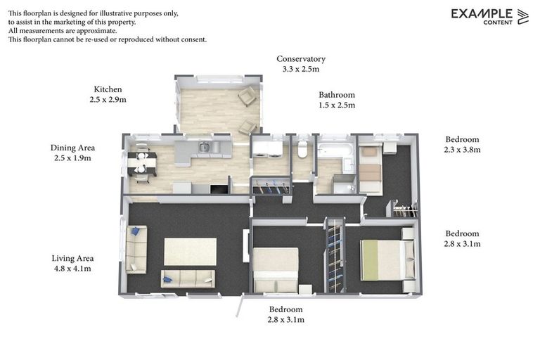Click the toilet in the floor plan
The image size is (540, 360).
(302, 150)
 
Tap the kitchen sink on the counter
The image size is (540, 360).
(203, 147)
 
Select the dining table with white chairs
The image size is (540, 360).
(141, 163)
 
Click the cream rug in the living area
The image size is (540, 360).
(190, 251)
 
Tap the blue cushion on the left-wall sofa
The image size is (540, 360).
(134, 231)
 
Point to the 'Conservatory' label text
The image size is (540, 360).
(300, 59)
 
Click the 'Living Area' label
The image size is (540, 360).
(72, 258)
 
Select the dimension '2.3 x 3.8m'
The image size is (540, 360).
(462, 150)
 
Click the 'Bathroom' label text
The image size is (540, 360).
(336, 95)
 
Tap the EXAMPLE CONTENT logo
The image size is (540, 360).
(489, 16)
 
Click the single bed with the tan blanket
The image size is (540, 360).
(371, 169)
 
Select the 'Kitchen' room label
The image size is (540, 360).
(108, 89)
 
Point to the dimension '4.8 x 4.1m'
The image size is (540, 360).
(72, 269)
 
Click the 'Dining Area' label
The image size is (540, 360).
(72, 148)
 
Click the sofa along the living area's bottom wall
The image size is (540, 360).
(188, 278)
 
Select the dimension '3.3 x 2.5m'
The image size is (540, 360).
(300, 70)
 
